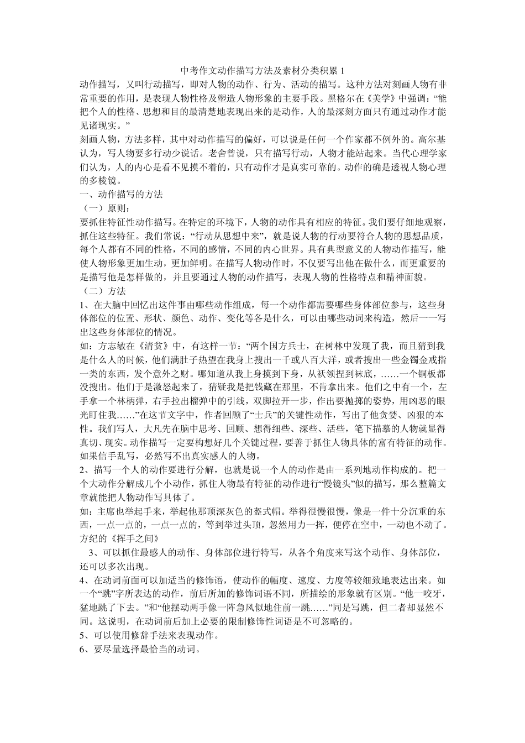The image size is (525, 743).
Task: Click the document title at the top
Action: [262, 71]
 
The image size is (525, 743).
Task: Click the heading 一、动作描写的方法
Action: [121, 194]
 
